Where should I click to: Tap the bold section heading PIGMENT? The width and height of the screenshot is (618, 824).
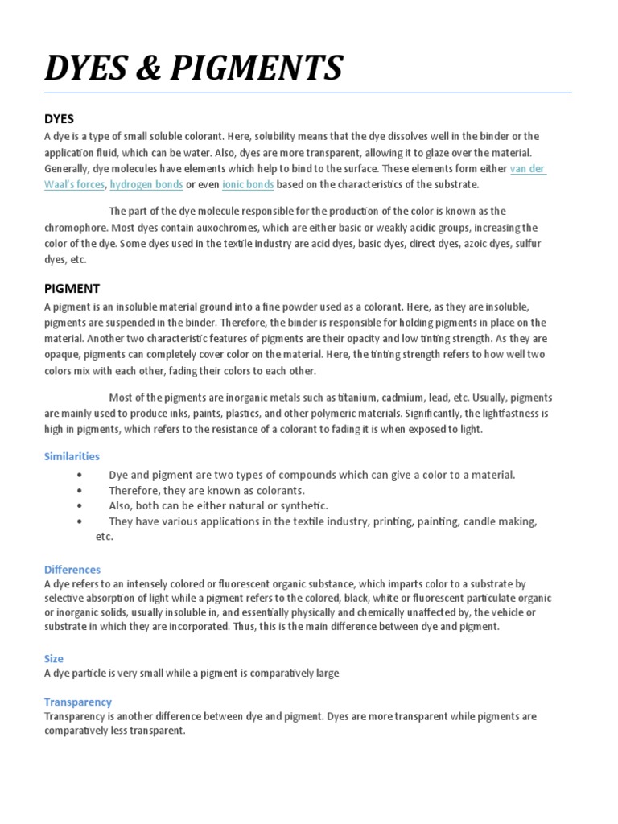(72, 288)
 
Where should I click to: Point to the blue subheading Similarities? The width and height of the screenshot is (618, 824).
(72, 456)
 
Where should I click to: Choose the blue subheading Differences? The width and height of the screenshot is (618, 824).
(72, 569)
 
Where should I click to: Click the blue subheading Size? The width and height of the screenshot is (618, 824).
(54, 658)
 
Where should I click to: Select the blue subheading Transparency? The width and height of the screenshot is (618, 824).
(78, 702)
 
